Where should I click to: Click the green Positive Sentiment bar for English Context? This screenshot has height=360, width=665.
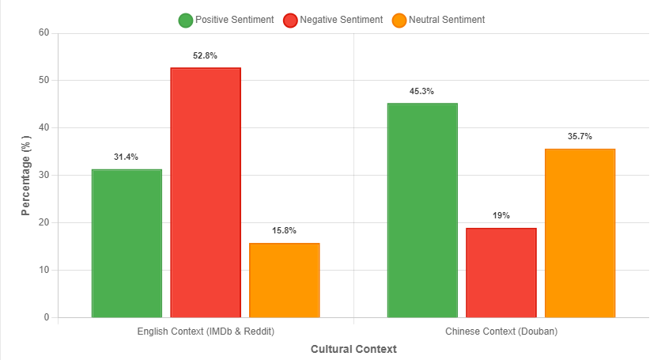(127, 244)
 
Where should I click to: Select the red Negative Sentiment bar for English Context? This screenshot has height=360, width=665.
(206, 193)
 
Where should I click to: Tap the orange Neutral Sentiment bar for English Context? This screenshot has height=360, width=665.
(284, 280)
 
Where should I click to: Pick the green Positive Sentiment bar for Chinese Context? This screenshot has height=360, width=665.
(422, 210)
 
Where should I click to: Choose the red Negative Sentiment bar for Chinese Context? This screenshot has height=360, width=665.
(501, 273)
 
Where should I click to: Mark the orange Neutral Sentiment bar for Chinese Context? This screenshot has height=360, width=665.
(580, 233)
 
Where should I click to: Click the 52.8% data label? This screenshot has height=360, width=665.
(206, 56)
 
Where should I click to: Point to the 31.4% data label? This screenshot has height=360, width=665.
(127, 157)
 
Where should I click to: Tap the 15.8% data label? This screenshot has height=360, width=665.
(284, 231)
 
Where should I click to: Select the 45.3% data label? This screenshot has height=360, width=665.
(422, 92)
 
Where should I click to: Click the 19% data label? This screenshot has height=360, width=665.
(501, 216)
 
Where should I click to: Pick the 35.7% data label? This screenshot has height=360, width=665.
(580, 137)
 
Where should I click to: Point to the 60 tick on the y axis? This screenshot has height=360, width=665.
(43, 33)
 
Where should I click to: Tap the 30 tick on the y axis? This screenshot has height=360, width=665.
(43, 176)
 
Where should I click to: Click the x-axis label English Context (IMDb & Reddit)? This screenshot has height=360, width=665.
(206, 331)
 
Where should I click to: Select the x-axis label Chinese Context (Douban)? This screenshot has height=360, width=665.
(501, 331)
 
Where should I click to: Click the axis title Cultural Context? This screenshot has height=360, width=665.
(353, 349)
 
